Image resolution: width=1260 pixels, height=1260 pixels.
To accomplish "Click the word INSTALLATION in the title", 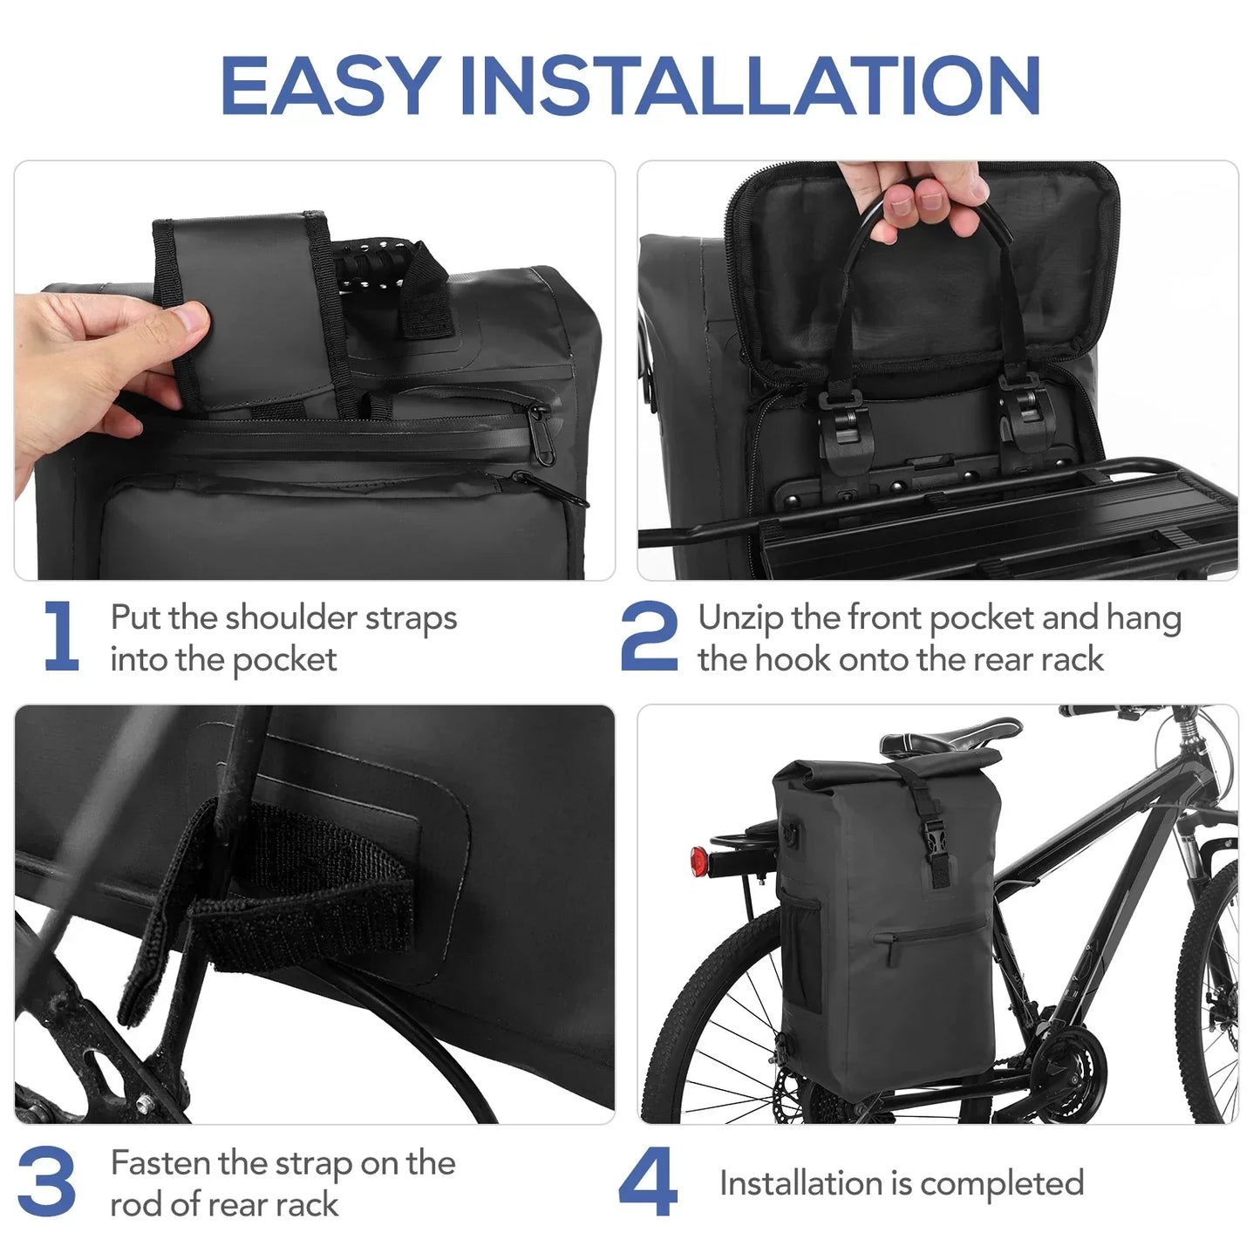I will coord(750,85).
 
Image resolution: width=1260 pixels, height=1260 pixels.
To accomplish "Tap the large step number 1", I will coord(61,637).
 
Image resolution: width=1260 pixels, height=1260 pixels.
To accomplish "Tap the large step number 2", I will coord(649,637).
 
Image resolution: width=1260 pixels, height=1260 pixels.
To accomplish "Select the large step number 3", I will coord(47,1182).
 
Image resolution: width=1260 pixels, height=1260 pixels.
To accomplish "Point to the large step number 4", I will coord(648,1182).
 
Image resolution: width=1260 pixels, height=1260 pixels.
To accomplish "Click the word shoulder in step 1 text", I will coord(291,618).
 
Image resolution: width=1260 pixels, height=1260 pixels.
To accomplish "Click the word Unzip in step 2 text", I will coord(740,618).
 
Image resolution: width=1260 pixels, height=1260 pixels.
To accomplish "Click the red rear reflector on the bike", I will coord(699,862).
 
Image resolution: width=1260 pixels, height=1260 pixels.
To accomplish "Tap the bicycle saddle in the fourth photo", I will coord(950,738).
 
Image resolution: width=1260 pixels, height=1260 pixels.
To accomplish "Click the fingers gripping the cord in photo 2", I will coord(929,205).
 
